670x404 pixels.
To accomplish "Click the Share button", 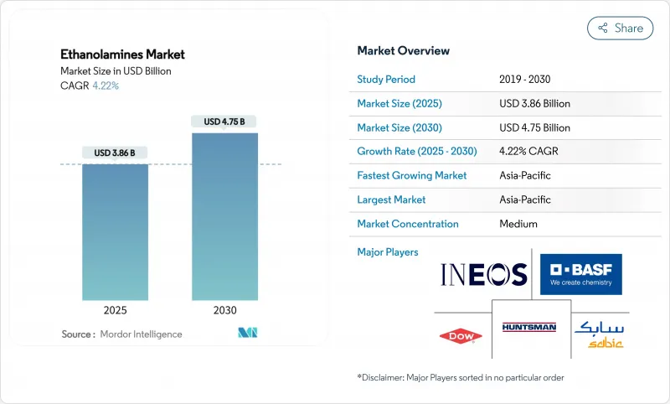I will point(621,28).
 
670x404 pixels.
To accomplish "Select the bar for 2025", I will point(115,231).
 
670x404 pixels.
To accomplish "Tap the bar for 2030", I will point(224,215).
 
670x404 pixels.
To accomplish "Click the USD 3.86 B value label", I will point(115,153).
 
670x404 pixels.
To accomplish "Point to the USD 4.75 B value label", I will point(224,122).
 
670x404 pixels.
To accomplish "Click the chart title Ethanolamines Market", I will point(123,54).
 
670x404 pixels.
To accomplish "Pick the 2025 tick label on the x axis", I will point(115,310).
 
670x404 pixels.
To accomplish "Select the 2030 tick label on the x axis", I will point(224,310).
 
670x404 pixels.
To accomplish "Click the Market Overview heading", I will point(404,50).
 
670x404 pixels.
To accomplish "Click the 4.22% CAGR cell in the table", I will point(529,152).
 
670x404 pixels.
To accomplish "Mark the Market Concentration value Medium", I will point(518,224).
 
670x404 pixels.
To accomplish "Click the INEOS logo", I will point(484,274).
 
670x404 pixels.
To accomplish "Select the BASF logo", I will point(580,273).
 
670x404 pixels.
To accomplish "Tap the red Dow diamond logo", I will point(461,336).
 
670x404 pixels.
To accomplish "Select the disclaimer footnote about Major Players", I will point(461,378).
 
